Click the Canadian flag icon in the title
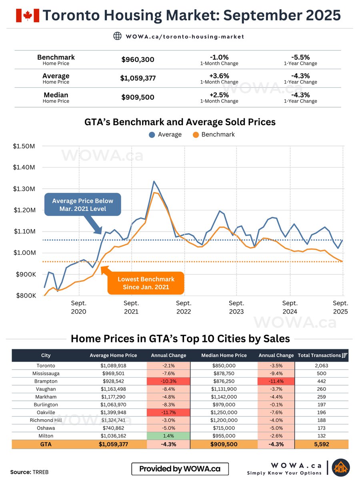28,15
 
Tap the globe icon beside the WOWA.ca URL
117,36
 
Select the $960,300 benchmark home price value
138,60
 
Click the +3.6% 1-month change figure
219,76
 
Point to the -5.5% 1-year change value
300,57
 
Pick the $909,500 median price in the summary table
138,97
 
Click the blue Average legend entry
165,134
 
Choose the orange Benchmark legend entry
214,134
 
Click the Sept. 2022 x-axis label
184,307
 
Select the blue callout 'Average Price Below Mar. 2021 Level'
82,204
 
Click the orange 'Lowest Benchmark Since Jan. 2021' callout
146,283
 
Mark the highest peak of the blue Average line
154,182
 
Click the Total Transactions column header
322,355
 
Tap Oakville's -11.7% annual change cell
168,412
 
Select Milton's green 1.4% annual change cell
168,436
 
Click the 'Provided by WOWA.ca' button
180,469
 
